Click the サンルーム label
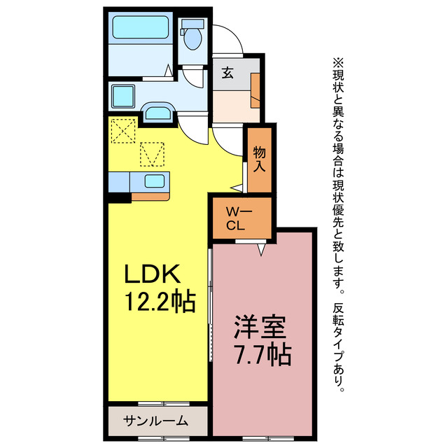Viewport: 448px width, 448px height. pos(156,421)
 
